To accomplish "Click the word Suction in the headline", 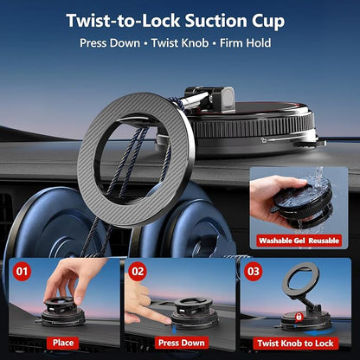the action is [215, 21].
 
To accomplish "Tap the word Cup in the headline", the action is [268, 22].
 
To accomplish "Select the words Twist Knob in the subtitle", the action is [180, 43].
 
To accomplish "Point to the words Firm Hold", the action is [246, 43].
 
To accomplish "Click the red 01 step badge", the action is [22, 272].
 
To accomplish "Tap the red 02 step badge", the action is [138, 272].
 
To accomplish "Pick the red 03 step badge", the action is [254, 272].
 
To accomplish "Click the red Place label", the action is [63, 343].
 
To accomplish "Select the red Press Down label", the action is [182, 343].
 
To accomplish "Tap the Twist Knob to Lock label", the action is [295, 344].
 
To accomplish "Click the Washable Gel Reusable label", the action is [299, 241].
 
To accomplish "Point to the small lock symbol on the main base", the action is [264, 140].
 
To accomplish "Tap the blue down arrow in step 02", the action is [174, 330].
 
